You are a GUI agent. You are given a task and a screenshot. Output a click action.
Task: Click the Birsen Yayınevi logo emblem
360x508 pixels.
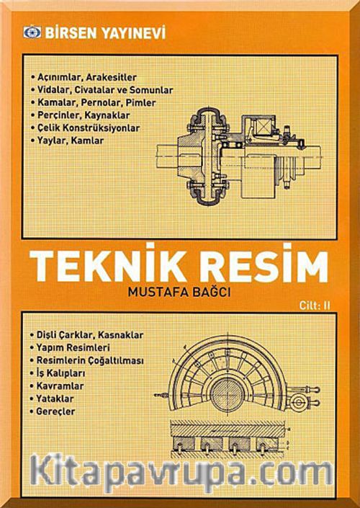pos(32,33)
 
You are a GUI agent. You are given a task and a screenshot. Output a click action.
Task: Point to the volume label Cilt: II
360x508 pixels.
pos(315,306)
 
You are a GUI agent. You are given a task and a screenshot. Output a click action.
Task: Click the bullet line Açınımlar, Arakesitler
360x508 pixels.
pos(84,78)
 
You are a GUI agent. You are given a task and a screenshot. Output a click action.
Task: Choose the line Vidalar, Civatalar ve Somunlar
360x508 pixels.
pos(102,90)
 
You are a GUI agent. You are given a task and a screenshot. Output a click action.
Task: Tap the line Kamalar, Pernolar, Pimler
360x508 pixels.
pos(93,103)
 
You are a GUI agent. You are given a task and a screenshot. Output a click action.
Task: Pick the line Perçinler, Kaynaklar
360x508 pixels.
pos(80,116)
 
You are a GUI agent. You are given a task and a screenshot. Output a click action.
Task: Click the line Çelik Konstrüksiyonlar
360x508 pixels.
pos(85,128)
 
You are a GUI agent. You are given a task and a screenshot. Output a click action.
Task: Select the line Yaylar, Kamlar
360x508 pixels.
pos(67,141)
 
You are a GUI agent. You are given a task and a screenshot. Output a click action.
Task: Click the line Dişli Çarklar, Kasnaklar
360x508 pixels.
pos(86,335)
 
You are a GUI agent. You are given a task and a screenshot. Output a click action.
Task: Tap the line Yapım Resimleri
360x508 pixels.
pos(70,348)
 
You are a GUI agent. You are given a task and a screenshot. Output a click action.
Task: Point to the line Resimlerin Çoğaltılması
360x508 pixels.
pos(86,360)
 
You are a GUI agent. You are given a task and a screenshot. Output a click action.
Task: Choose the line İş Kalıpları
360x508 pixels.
pos(58,373)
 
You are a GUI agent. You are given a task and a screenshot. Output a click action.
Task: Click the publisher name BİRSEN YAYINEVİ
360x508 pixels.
pos(106,33)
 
